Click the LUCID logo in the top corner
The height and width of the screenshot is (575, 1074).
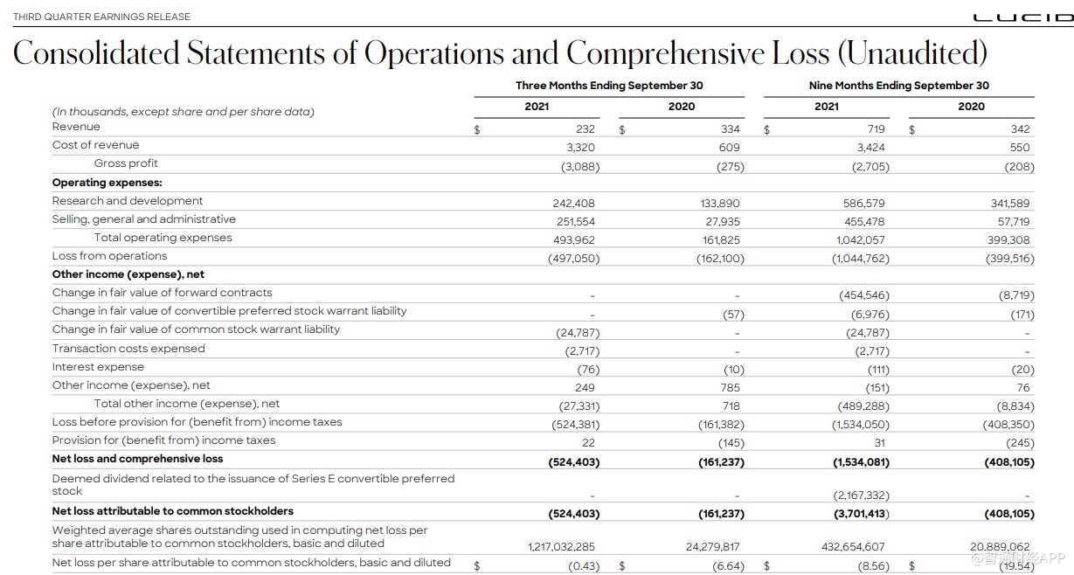[x=1023, y=17]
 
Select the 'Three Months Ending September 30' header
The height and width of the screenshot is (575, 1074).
[x=609, y=86]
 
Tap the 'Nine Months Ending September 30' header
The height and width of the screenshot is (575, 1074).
[x=898, y=86]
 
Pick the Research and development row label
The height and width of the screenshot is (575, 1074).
[x=128, y=201]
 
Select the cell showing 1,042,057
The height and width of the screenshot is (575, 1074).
[x=860, y=240]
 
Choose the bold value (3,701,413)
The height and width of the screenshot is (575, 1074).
[x=861, y=514]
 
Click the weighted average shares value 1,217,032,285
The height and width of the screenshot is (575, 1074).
[x=561, y=547]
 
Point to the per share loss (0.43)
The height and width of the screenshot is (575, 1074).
[x=584, y=566]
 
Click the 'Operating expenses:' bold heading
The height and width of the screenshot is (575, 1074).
[x=107, y=183]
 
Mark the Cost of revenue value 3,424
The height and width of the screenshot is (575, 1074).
[x=870, y=148]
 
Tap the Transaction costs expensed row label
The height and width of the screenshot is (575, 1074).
[x=128, y=349]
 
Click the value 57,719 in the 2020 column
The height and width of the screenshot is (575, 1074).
[x=1014, y=222]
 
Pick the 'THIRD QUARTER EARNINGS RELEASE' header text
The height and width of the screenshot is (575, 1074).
[x=101, y=17]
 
